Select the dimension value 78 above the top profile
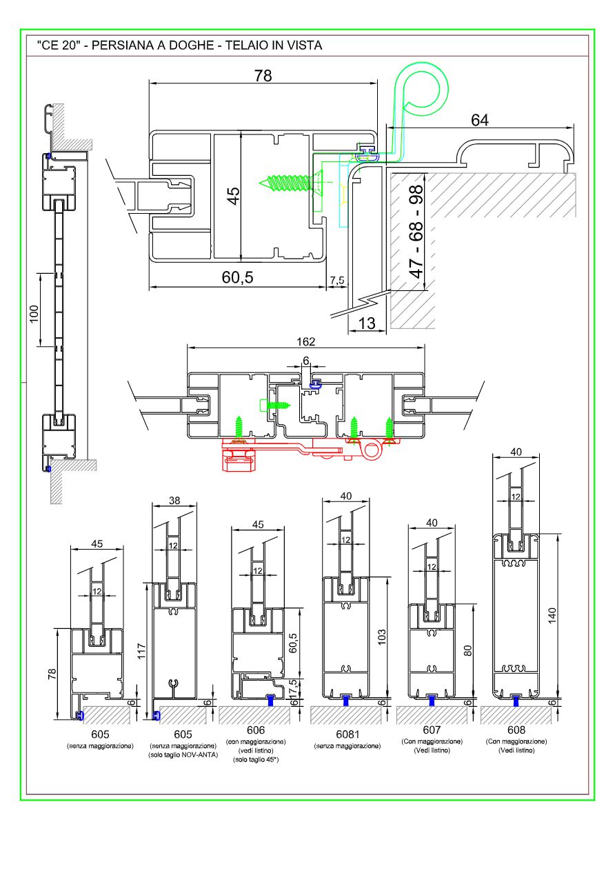tap(263, 76)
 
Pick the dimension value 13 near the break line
tap(367, 323)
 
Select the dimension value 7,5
tap(337, 281)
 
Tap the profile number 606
tap(256, 730)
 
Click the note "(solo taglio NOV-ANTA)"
tap(183, 755)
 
